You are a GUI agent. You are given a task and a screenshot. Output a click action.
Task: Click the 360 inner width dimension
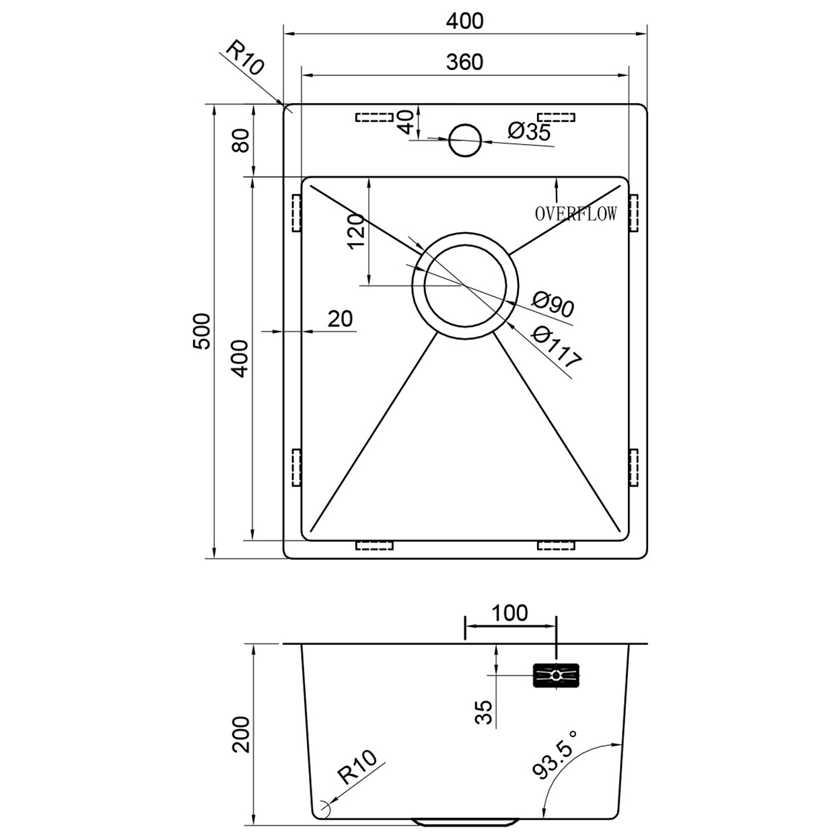click(464, 62)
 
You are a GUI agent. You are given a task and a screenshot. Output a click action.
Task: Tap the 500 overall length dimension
click(202, 331)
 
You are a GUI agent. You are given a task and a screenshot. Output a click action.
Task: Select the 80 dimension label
click(241, 140)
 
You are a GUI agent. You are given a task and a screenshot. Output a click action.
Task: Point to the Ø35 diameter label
click(529, 131)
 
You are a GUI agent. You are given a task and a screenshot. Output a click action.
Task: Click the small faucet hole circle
click(464, 140)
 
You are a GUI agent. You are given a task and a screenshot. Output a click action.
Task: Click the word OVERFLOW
click(575, 214)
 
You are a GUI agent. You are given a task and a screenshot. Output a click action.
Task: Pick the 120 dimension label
click(356, 231)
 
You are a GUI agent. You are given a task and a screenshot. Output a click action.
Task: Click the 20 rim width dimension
click(341, 318)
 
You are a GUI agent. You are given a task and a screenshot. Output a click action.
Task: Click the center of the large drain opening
click(464, 285)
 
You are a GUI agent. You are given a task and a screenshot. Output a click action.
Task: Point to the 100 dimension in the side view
click(510, 613)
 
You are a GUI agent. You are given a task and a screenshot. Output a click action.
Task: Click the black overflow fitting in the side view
click(556, 675)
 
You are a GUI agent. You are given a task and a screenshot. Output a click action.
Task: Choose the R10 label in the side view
click(357, 769)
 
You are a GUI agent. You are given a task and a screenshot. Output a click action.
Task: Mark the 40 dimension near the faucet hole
click(405, 123)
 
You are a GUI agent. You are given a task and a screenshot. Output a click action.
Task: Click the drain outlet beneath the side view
click(464, 823)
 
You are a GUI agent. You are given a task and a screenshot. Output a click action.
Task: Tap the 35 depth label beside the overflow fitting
click(484, 712)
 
